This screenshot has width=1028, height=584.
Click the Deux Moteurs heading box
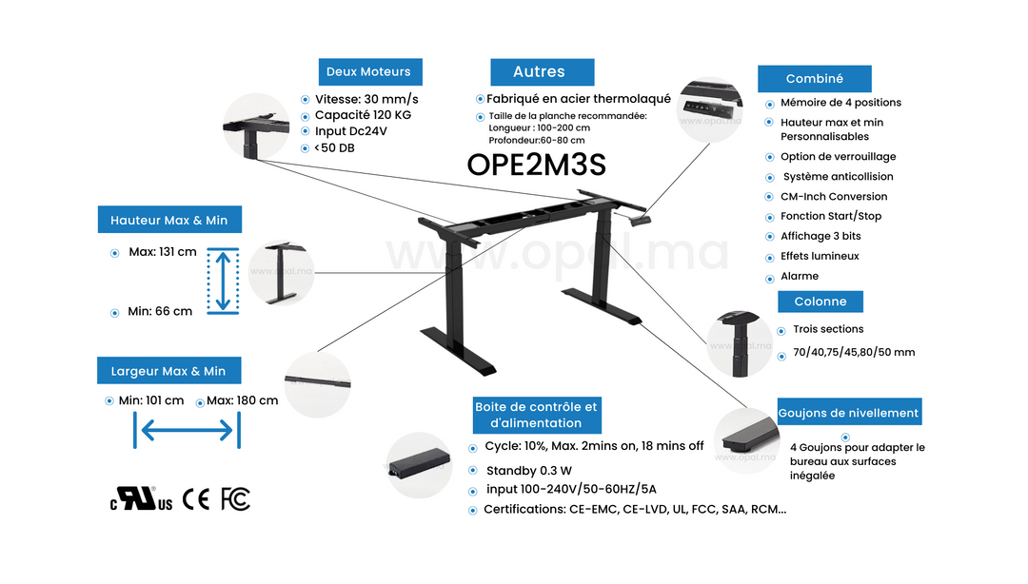tap(369, 71)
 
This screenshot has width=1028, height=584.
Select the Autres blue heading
tap(542, 72)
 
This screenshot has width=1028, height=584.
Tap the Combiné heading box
tap(814, 79)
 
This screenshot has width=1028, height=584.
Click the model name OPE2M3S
tap(536, 164)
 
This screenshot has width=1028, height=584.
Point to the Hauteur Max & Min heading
tap(169, 220)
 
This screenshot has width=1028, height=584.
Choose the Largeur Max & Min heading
tap(168, 371)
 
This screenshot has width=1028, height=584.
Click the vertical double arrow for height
tap(223, 280)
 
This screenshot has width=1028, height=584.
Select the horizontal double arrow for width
tap(187, 431)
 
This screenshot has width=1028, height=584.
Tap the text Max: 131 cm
tap(163, 252)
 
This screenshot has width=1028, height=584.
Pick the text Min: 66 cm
tap(160, 311)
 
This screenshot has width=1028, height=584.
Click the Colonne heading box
tap(820, 302)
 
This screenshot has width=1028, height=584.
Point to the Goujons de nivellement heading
tap(849, 413)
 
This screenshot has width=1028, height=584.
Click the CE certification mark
tap(196, 498)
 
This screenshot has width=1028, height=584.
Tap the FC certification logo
tap(235, 498)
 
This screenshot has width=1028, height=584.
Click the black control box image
tap(420, 465)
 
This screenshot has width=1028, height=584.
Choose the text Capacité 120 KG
tap(363, 115)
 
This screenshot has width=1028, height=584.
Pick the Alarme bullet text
tap(800, 276)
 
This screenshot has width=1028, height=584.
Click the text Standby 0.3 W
tap(528, 471)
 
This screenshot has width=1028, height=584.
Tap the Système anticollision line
tap(838, 177)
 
